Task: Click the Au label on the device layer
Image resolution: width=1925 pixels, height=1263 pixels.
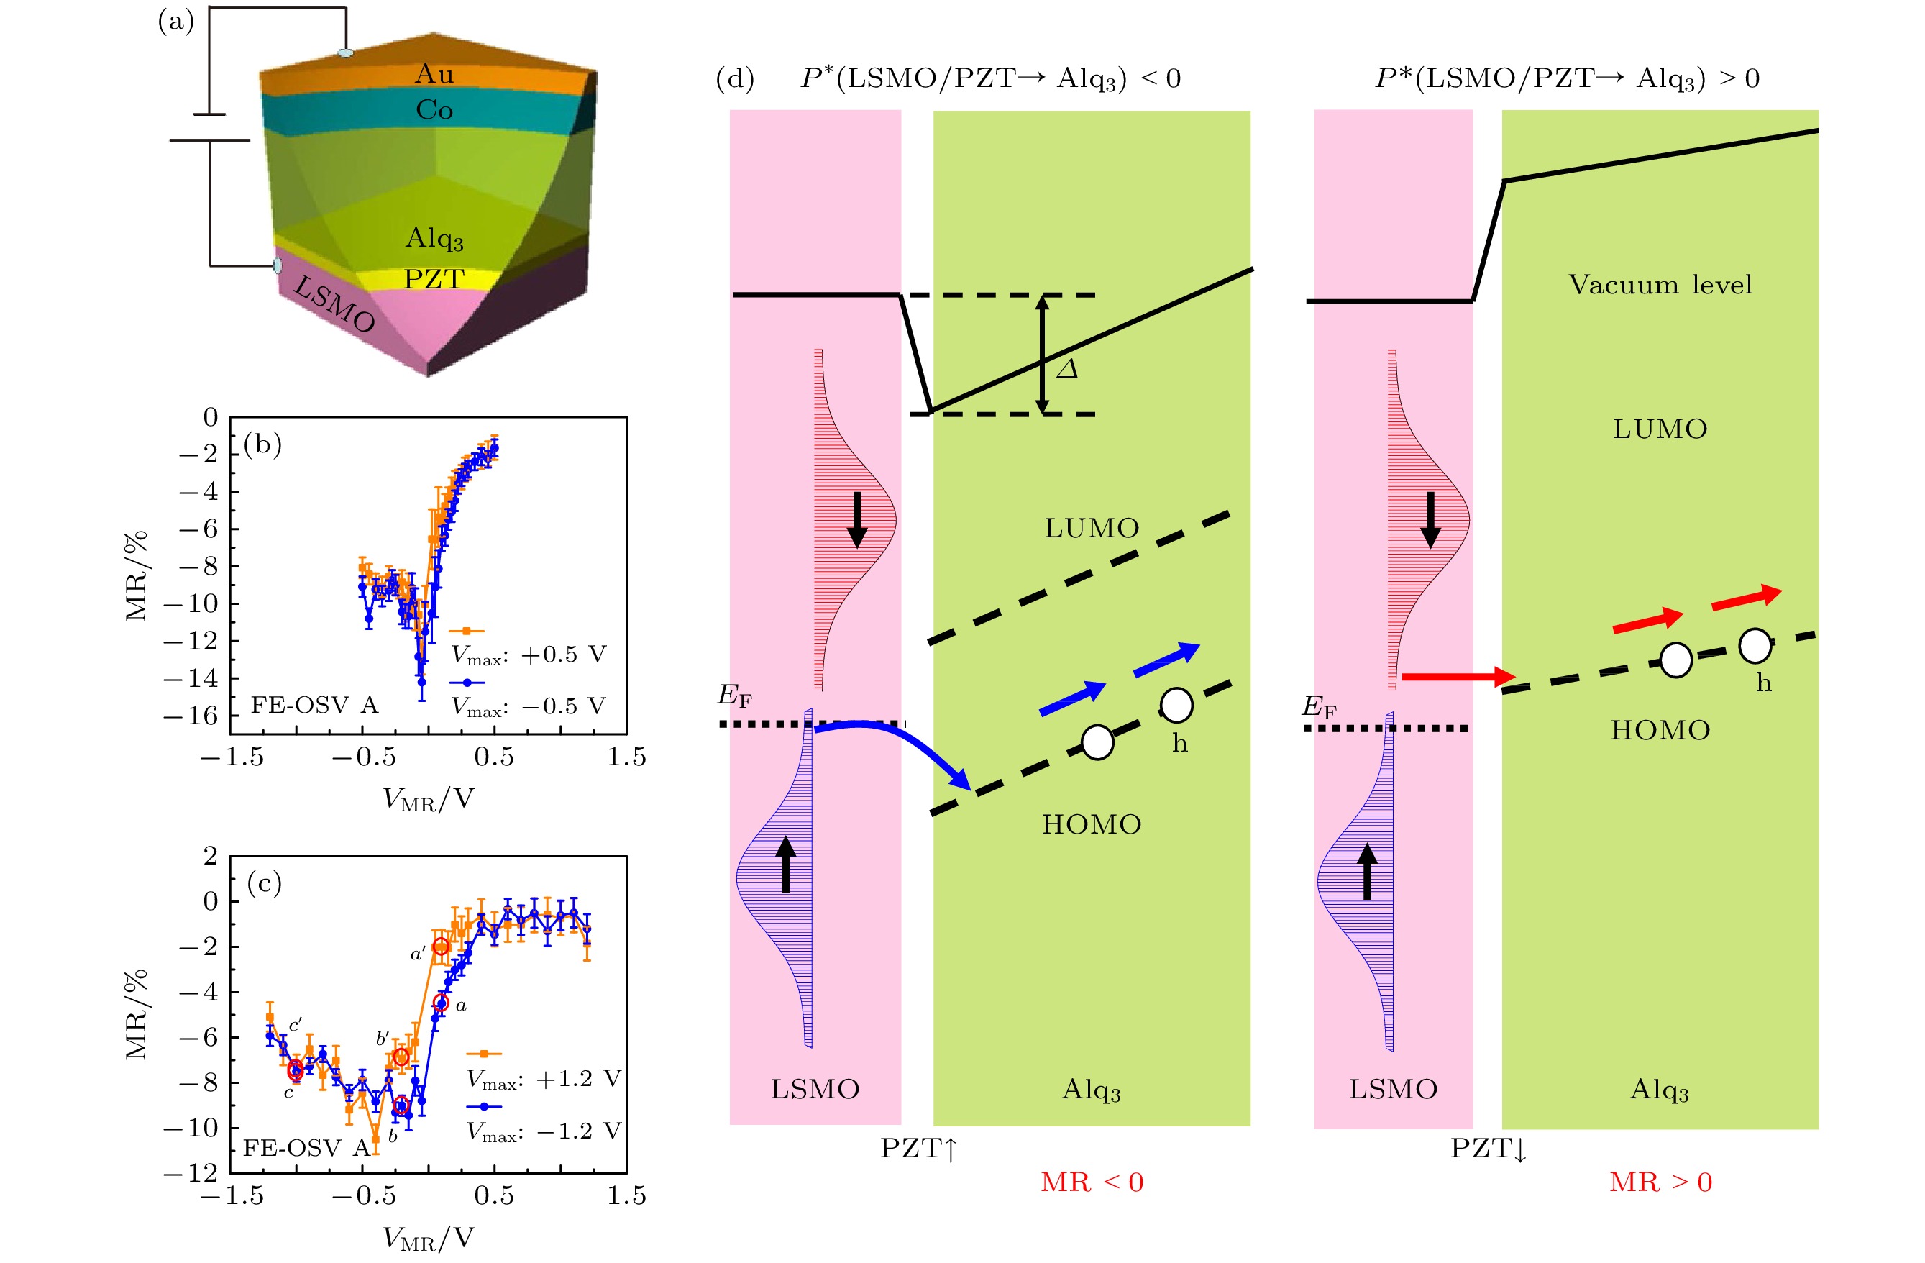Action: click(x=434, y=74)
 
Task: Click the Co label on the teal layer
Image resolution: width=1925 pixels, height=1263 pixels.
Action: click(x=434, y=110)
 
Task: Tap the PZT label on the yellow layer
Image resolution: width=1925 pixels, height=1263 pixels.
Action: click(x=434, y=279)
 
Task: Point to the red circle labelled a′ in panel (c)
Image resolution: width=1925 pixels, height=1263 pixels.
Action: click(x=441, y=947)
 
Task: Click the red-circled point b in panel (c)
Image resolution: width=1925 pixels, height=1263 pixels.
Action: click(x=401, y=1106)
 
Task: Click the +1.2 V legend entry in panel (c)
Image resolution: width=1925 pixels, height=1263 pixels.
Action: click(x=544, y=1079)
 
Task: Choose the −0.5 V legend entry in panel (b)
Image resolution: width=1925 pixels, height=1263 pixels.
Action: click(x=528, y=706)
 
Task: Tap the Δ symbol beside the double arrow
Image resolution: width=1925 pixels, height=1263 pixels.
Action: click(x=1068, y=370)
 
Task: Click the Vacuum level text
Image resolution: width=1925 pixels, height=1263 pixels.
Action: click(x=1660, y=285)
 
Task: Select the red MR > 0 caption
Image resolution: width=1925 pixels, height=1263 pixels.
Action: click(x=1660, y=1182)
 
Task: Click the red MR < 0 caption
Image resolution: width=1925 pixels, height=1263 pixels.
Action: click(x=1092, y=1182)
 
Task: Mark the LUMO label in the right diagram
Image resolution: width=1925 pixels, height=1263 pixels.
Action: click(x=1660, y=429)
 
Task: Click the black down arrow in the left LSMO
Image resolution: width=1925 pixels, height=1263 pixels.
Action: click(x=857, y=520)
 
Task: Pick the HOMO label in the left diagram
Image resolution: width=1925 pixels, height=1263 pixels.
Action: click(x=1091, y=824)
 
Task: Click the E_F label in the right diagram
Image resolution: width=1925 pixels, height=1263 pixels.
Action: click(x=1318, y=707)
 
